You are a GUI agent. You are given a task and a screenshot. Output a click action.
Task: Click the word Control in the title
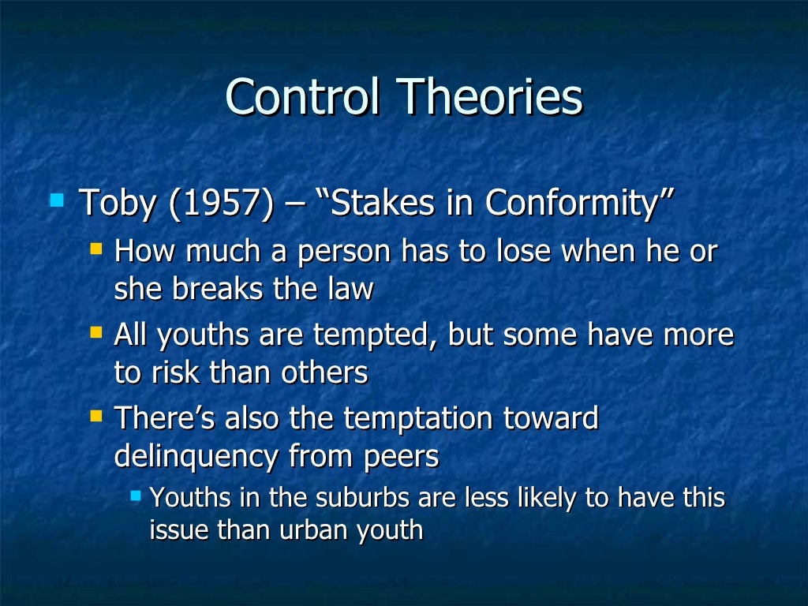(x=304, y=98)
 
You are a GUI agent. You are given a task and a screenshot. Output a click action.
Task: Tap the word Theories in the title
(x=490, y=98)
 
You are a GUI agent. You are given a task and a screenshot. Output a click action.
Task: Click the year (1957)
(x=217, y=203)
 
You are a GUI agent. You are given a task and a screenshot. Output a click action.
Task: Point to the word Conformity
(x=580, y=203)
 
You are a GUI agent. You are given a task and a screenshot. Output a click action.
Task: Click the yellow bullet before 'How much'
(x=96, y=249)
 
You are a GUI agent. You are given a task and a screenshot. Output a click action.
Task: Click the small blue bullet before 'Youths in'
(x=136, y=495)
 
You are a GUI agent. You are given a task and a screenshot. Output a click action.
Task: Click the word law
(x=351, y=289)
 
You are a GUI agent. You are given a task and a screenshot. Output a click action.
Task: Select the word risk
(x=173, y=372)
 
